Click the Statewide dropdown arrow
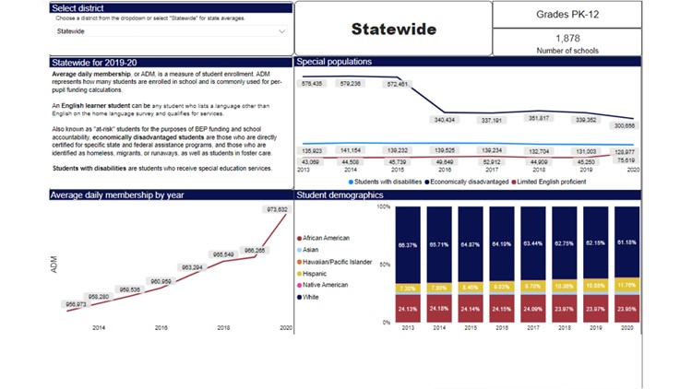point(281,30)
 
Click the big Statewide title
point(394,29)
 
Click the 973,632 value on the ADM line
point(276,210)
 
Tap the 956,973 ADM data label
point(76,304)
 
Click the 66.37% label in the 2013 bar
point(407,244)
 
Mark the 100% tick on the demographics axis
point(384,206)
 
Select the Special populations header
point(335,62)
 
